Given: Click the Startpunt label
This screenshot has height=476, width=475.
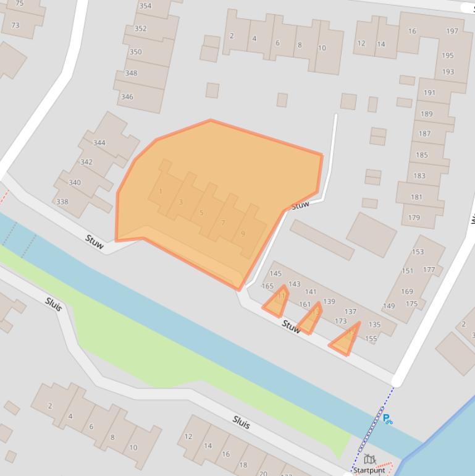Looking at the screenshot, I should pos(369,470).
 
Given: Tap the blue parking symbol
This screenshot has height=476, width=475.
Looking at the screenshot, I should pos(387,419).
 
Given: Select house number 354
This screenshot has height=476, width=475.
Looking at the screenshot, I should pos(145,6).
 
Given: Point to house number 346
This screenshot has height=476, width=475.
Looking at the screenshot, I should pos(127,97).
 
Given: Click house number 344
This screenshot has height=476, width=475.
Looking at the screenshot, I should pos(99,143).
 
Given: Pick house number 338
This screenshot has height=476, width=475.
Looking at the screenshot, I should pos(62,202).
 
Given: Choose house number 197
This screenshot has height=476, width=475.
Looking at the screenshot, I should pos(452,32).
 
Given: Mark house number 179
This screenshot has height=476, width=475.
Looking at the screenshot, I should pos(414,218).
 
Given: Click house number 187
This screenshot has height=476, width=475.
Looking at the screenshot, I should pos(424,134).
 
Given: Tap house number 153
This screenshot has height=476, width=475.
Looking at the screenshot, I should pos(418,252).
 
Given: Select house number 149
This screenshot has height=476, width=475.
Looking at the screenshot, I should pos(389,306).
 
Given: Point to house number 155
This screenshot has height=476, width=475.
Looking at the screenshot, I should pos(371,339).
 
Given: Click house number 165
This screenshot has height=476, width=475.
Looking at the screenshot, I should pos(267,286).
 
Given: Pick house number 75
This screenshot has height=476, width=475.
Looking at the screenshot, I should pos(19,4).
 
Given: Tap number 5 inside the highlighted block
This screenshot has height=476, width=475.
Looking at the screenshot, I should pos(201,213).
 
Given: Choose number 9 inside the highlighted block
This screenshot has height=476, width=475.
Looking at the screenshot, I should pos(243,234).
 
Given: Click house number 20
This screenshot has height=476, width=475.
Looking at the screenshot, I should pos(263,473).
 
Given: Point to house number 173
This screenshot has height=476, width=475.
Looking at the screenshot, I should pos(340,321).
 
